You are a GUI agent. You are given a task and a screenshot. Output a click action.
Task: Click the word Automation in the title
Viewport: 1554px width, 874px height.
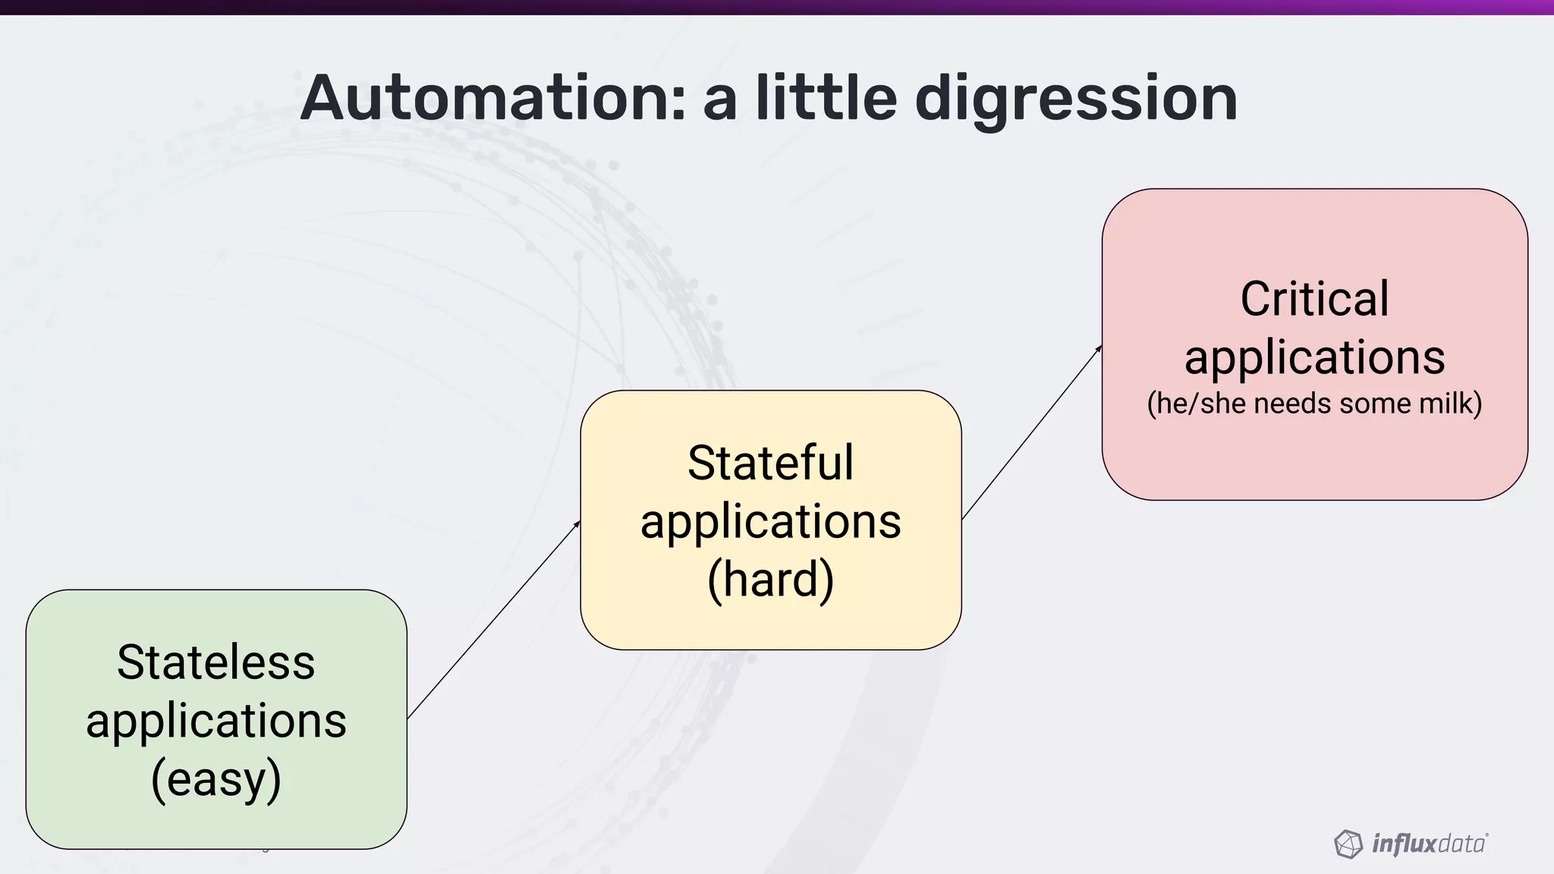(x=492, y=99)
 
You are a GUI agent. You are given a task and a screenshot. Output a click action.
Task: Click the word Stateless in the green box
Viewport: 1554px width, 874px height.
(x=216, y=662)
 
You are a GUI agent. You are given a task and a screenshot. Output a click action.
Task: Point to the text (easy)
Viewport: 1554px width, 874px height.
(x=216, y=779)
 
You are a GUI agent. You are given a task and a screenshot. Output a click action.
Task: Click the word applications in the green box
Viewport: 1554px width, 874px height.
(x=216, y=721)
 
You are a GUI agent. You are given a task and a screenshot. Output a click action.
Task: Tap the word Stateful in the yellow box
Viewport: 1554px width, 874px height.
(x=770, y=463)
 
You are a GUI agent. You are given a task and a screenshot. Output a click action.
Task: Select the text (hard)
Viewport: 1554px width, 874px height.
(x=770, y=580)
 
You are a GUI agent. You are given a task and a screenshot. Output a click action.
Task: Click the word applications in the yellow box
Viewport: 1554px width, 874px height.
(x=770, y=522)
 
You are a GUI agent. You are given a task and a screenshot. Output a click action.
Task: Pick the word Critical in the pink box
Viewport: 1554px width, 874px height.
(x=1314, y=299)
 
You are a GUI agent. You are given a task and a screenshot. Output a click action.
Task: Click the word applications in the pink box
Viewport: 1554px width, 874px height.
(x=1314, y=357)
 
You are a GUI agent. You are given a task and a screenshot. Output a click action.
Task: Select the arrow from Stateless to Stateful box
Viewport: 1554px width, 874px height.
(x=493, y=620)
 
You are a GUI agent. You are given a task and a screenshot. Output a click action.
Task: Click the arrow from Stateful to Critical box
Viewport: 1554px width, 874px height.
(x=1032, y=432)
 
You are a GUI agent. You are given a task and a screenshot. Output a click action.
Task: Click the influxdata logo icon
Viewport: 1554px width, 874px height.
(x=1348, y=844)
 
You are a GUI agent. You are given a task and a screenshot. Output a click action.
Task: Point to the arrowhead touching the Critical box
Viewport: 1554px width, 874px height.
(x=1099, y=349)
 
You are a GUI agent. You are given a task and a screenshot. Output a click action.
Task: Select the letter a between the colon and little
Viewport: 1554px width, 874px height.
(x=719, y=100)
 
